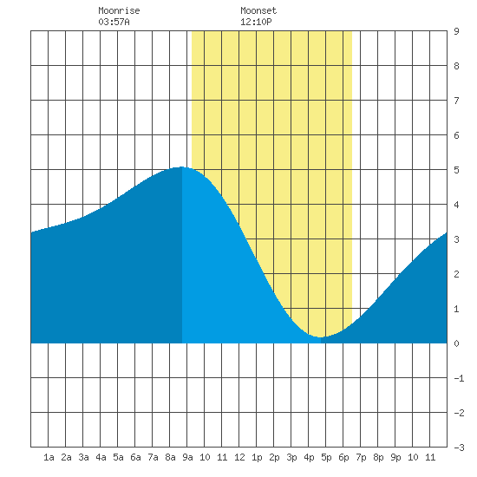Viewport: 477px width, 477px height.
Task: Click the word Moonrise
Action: (x=119, y=10)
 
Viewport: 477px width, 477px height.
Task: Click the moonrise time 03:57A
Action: (x=114, y=22)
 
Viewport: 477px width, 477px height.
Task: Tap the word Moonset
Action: (x=258, y=10)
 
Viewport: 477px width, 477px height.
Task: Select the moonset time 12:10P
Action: (x=256, y=22)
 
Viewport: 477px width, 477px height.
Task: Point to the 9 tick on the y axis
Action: (x=456, y=31)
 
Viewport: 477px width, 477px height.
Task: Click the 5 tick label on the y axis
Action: (x=456, y=170)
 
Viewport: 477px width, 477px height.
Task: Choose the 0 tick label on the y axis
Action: (x=456, y=343)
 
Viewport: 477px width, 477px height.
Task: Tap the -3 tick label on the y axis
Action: (x=459, y=448)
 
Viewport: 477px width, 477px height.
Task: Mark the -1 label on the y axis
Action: (x=459, y=378)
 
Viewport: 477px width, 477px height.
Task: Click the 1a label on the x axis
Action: (x=49, y=457)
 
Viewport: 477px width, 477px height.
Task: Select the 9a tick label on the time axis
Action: (x=187, y=457)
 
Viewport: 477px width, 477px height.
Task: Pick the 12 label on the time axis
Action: (x=239, y=457)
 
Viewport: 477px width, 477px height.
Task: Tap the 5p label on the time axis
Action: (x=326, y=457)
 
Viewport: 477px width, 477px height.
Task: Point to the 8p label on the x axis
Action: (x=378, y=457)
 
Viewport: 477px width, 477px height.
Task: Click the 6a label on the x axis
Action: (x=135, y=457)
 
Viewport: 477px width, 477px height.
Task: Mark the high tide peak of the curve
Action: (x=181, y=167)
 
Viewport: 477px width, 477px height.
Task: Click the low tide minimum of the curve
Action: (x=321, y=337)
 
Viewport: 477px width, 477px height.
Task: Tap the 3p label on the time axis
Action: (x=291, y=457)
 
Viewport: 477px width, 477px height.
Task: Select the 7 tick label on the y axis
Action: (x=456, y=101)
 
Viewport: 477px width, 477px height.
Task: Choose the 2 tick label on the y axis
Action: (x=456, y=274)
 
